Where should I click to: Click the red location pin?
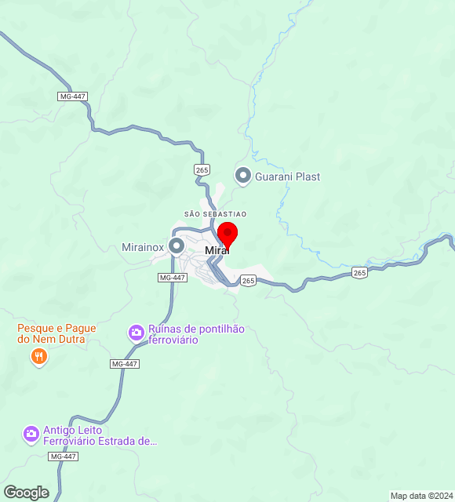click(227, 235)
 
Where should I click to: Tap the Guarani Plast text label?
click(287, 176)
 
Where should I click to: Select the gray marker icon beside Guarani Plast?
click(243, 176)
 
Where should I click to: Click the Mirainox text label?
click(143, 246)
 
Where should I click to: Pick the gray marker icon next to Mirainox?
click(177, 246)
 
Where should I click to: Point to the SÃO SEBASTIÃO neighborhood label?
click(215, 214)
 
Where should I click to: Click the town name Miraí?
click(217, 250)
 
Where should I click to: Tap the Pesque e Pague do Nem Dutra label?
click(56, 334)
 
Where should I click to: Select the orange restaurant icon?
click(38, 358)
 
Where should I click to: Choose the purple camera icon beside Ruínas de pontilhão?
click(136, 333)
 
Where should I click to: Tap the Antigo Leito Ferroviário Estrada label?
click(100, 435)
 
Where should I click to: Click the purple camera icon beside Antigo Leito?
click(31, 434)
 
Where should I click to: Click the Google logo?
click(26, 493)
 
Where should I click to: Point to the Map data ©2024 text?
click(422, 496)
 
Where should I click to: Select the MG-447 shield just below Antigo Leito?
click(63, 457)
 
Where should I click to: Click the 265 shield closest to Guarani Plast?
click(202, 169)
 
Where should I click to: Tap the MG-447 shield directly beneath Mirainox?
click(172, 278)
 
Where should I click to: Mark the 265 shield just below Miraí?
click(248, 280)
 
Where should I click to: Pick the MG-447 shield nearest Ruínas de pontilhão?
click(124, 364)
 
